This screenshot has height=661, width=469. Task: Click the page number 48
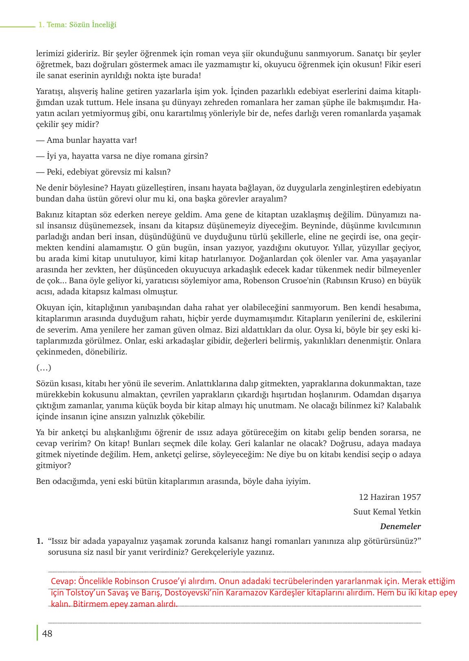pyautogui.click(x=47, y=634)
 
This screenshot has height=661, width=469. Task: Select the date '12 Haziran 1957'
pyautogui.click(x=390, y=497)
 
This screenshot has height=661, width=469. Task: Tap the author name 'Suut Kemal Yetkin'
pyautogui.click(x=387, y=512)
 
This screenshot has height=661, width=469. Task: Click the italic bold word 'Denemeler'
pyautogui.click(x=400, y=526)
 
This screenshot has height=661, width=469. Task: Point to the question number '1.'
pyautogui.click(x=40, y=541)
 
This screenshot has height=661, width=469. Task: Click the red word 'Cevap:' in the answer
pyautogui.click(x=63, y=581)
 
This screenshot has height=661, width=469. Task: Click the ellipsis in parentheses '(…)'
pyautogui.click(x=44, y=368)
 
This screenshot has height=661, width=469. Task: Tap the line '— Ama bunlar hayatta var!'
pyautogui.click(x=86, y=140)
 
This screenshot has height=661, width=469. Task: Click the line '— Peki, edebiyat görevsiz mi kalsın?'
pyautogui.click(x=103, y=172)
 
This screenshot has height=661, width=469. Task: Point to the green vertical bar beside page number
pyautogui.click(x=37, y=633)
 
